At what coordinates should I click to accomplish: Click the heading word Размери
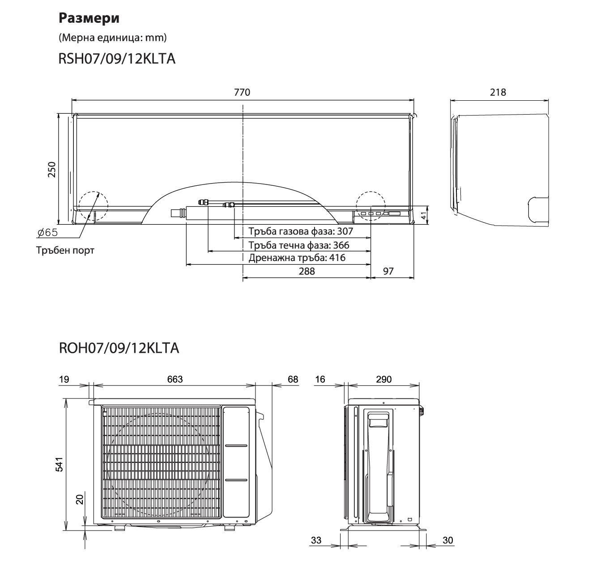[89, 18]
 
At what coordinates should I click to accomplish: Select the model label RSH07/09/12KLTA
[117, 59]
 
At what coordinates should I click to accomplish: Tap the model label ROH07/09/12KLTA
[119, 348]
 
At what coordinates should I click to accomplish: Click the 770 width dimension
[242, 92]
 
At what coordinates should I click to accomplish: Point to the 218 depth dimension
[498, 92]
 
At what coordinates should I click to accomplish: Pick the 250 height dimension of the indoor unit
[52, 170]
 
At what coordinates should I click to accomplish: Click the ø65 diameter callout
[47, 233]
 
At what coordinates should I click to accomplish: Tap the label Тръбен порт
[65, 250]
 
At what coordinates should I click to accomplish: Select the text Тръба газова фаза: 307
[301, 231]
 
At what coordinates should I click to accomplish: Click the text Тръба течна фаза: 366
[299, 245]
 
